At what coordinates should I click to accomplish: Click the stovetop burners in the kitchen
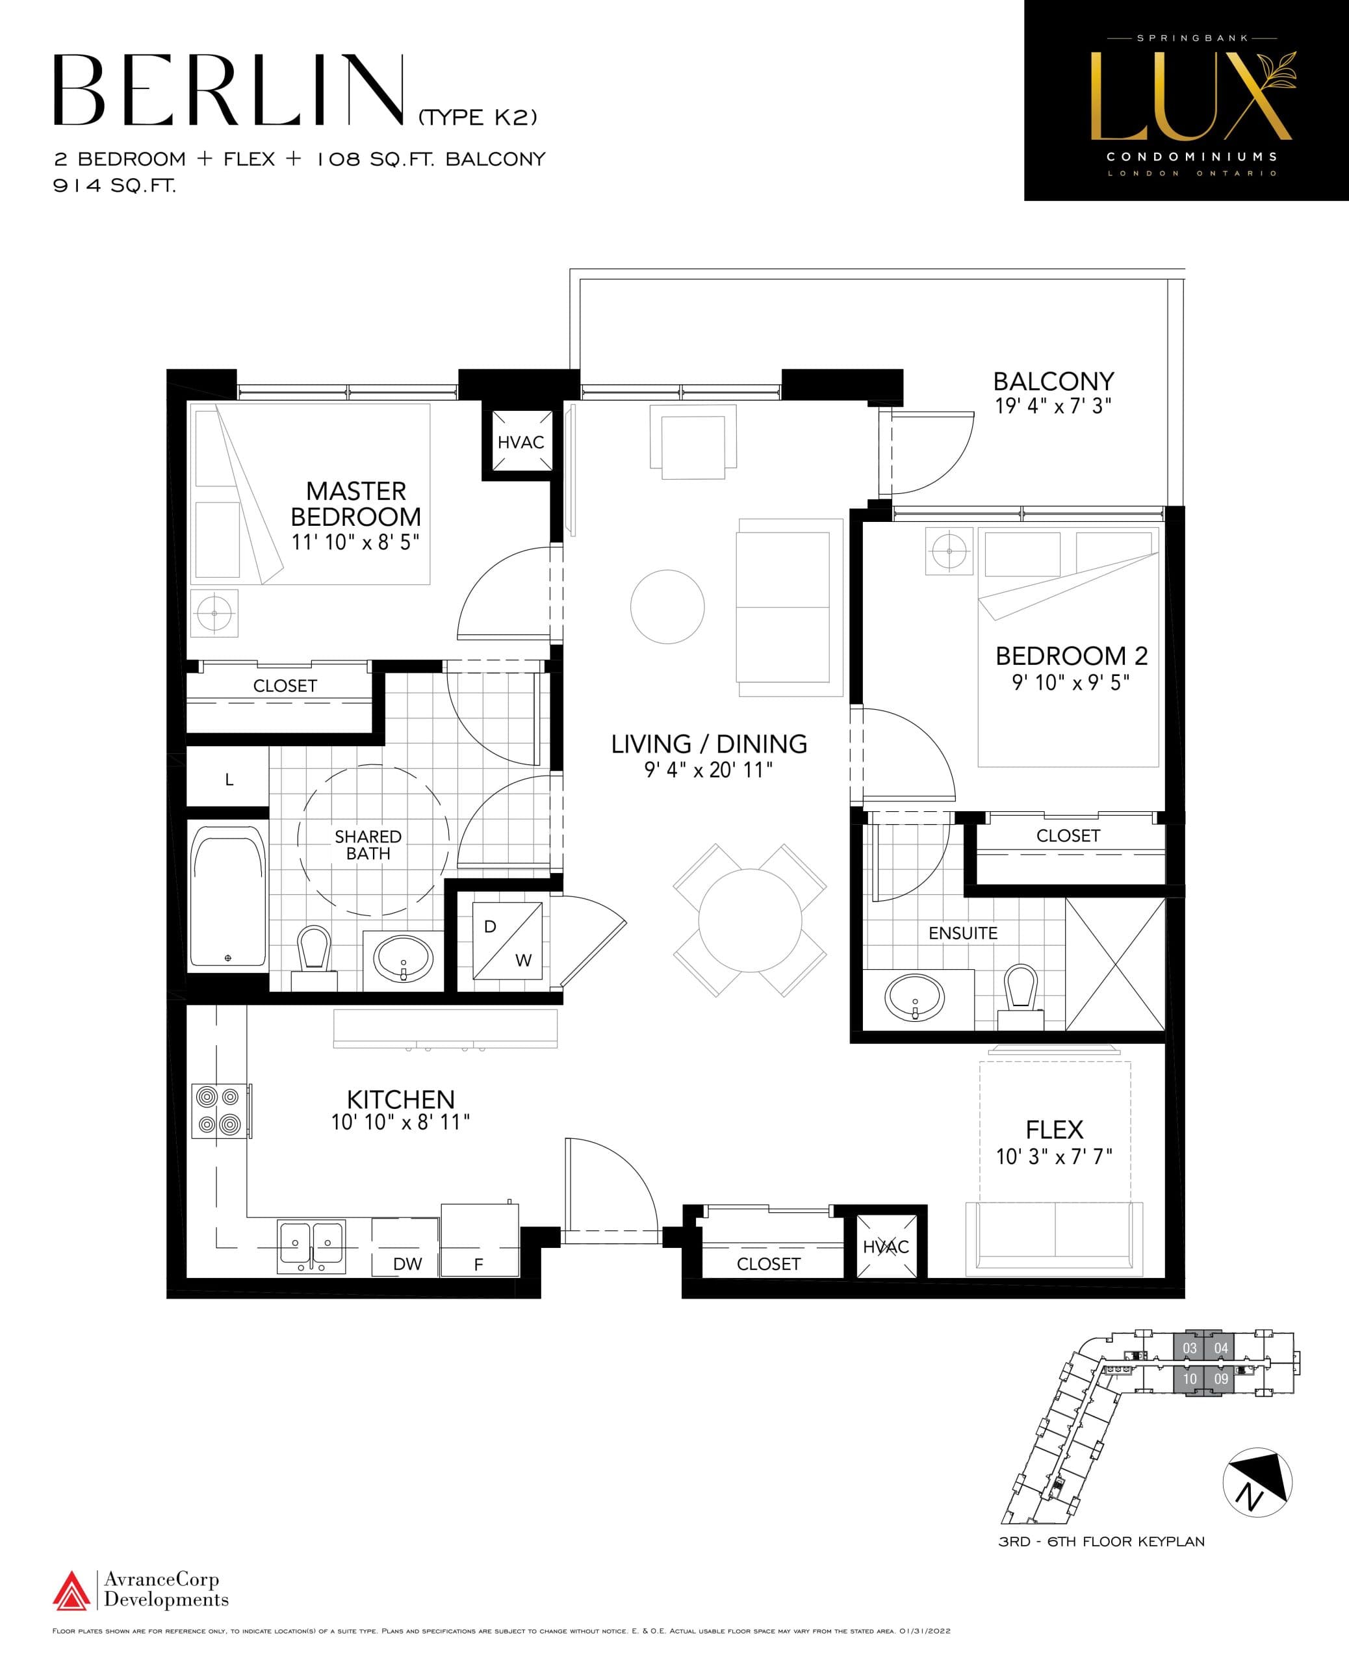[x=218, y=1111]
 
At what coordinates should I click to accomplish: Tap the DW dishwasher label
[x=407, y=1264]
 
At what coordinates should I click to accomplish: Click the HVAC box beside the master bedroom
[x=520, y=441]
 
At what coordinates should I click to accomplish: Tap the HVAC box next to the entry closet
[x=886, y=1247]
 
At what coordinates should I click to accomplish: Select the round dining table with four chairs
[x=749, y=920]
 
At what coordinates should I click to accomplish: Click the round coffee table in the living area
[x=667, y=606]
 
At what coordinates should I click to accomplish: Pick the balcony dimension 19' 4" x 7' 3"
[x=1053, y=406]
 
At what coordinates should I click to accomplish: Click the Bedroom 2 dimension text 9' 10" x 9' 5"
[x=1070, y=682]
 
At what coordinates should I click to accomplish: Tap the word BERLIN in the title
[x=229, y=91]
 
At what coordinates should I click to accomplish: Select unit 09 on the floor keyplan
[x=1221, y=1379]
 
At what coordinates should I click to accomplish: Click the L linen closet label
[x=229, y=779]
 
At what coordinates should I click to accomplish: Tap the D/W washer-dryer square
[x=507, y=941]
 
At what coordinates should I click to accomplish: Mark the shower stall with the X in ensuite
[x=1114, y=964]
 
